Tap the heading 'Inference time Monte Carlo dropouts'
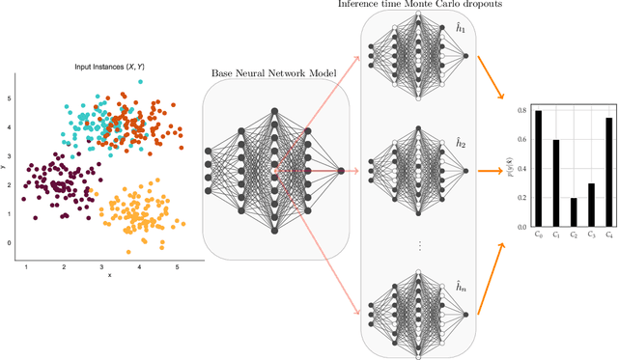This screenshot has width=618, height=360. (x=419, y=6)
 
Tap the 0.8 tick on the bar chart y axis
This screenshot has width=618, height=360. (x=522, y=111)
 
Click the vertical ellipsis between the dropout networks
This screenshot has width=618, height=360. (x=419, y=245)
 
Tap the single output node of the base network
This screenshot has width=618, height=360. (x=341, y=171)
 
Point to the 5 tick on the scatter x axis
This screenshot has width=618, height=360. (x=177, y=265)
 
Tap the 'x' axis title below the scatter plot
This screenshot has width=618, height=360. (x=109, y=275)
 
